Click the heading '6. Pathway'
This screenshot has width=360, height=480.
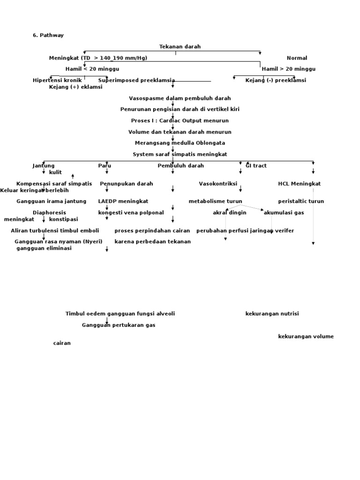pos(48,35)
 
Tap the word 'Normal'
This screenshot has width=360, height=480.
pos(297,58)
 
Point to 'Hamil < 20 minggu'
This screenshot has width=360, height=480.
pos(92,69)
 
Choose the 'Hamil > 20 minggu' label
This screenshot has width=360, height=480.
pos(288,69)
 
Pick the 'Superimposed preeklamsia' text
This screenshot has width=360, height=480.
pos(136,80)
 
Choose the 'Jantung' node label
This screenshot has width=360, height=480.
pos(44,165)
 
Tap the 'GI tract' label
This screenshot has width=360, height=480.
pos(256,165)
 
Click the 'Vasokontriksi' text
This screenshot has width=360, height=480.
pos(218,184)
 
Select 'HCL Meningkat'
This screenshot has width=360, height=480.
pos(299,184)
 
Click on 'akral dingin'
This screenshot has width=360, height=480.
pos(229,213)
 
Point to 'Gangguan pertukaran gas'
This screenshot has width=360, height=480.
pos(119,325)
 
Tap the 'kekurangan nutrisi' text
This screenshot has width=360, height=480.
pos(272,314)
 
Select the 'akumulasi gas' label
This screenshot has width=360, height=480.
pos(284,213)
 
